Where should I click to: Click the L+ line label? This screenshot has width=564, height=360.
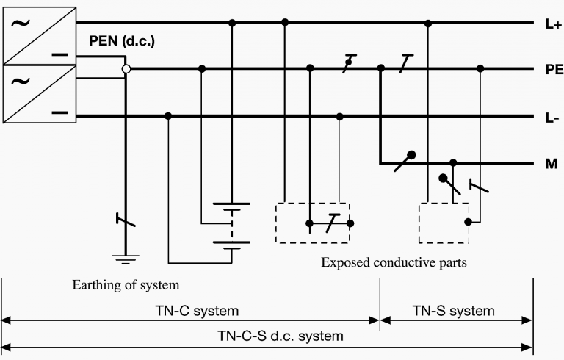pyautogui.click(x=553, y=24)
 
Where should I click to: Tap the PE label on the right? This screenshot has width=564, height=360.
pyautogui.click(x=554, y=69)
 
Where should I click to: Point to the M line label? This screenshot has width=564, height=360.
pyautogui.click(x=552, y=164)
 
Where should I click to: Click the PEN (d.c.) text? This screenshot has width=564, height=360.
pyautogui.click(x=122, y=41)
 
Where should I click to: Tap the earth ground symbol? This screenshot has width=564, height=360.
pyautogui.click(x=126, y=259)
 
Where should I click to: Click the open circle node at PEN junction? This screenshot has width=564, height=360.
pyautogui.click(x=126, y=69)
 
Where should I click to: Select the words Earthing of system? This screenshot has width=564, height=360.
pyautogui.click(x=126, y=285)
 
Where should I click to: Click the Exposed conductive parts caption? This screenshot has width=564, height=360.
pyautogui.click(x=394, y=262)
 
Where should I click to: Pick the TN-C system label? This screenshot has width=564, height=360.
pyautogui.click(x=197, y=310)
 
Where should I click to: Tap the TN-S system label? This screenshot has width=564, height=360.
pyautogui.click(x=453, y=310)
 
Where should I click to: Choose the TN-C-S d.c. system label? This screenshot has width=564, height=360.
pyautogui.click(x=281, y=336)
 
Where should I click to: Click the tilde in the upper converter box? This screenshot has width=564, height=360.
pyautogui.click(x=21, y=24)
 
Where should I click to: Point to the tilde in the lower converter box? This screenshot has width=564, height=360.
pyautogui.click(x=21, y=82)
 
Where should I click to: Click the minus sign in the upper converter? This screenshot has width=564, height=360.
pyautogui.click(x=59, y=55)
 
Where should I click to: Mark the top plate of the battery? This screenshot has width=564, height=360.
pyautogui.click(x=231, y=204)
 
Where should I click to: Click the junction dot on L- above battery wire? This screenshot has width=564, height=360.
pyautogui.click(x=168, y=116)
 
